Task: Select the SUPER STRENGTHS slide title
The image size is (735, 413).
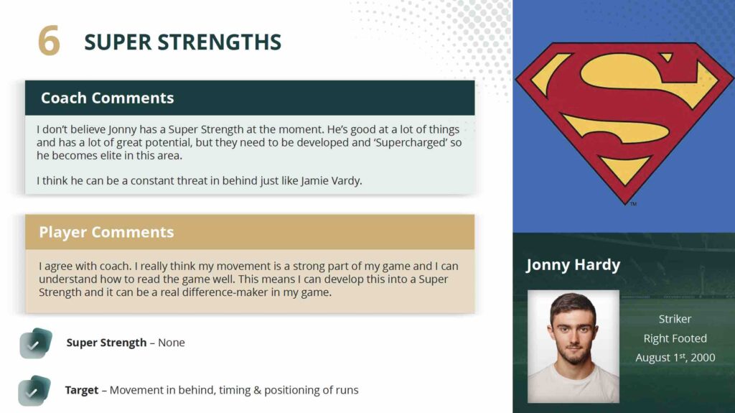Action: coord(183,42)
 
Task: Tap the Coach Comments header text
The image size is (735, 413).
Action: coord(108,98)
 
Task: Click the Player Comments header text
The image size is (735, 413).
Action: coord(106,232)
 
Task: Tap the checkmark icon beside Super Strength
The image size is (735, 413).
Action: coord(36,343)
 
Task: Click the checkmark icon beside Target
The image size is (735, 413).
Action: coord(34,391)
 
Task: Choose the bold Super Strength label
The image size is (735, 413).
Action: coord(106,343)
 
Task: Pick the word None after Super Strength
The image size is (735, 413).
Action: coord(172,343)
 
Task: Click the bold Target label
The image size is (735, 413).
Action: coord(82,390)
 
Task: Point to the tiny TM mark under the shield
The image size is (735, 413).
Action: coord(633,204)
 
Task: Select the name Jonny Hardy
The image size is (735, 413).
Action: coord(574,265)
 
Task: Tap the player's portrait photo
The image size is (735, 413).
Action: coord(574,346)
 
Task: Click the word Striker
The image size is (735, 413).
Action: coord(675,319)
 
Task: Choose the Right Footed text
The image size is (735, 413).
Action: coord(675,338)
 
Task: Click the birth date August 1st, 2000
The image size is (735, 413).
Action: coord(675,358)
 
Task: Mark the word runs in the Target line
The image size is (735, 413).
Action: coord(347,391)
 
